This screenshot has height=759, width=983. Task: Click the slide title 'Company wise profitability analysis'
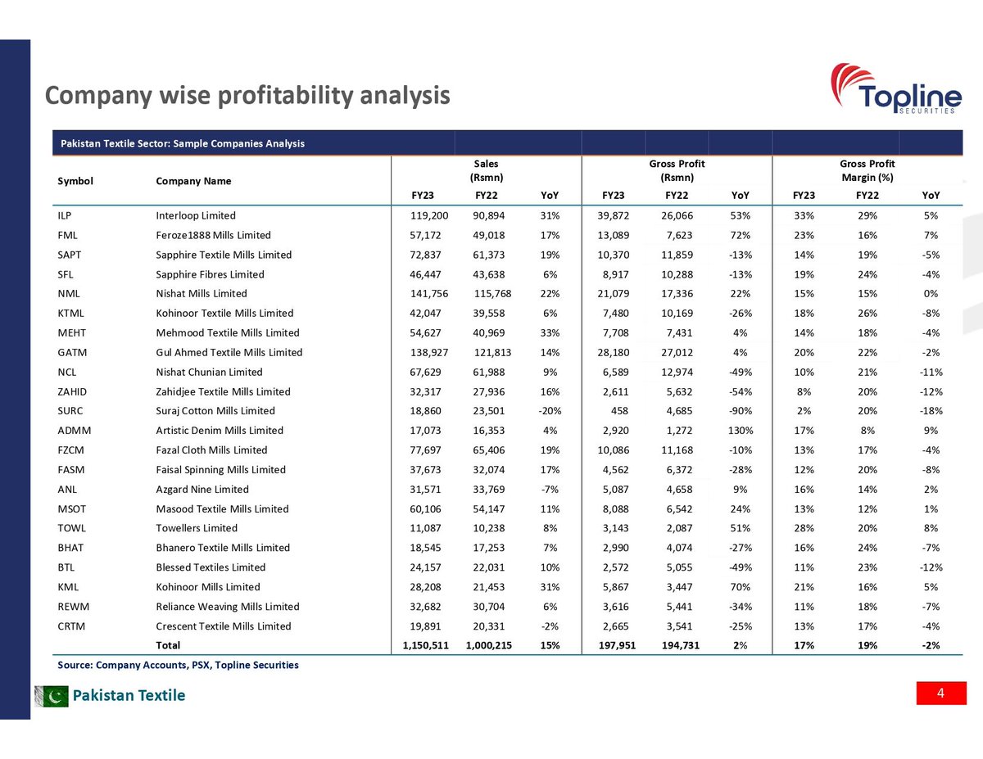click(x=247, y=96)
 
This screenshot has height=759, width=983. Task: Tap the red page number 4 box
click(x=940, y=693)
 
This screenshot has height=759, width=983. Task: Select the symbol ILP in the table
click(x=66, y=216)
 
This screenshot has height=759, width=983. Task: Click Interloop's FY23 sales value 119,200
click(x=429, y=216)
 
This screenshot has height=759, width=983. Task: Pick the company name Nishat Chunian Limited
click(x=209, y=373)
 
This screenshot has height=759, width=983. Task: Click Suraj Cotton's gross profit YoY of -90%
click(x=740, y=411)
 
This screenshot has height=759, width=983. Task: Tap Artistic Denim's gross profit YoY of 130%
click(x=739, y=431)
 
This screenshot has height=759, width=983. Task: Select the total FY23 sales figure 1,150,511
click(x=425, y=645)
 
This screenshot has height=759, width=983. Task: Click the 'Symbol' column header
click(x=75, y=181)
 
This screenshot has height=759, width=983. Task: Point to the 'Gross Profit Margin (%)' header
click(x=867, y=170)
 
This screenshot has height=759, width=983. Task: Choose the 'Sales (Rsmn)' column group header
click(x=486, y=170)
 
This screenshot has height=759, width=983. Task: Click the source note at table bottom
click(x=178, y=665)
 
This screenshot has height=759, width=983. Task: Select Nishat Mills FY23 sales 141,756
click(x=429, y=294)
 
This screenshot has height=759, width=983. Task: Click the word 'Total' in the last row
click(x=168, y=645)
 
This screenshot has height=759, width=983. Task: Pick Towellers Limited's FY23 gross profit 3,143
click(x=617, y=528)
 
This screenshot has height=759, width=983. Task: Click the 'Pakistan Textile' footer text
click(x=129, y=696)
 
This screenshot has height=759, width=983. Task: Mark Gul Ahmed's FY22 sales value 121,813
click(x=493, y=353)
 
